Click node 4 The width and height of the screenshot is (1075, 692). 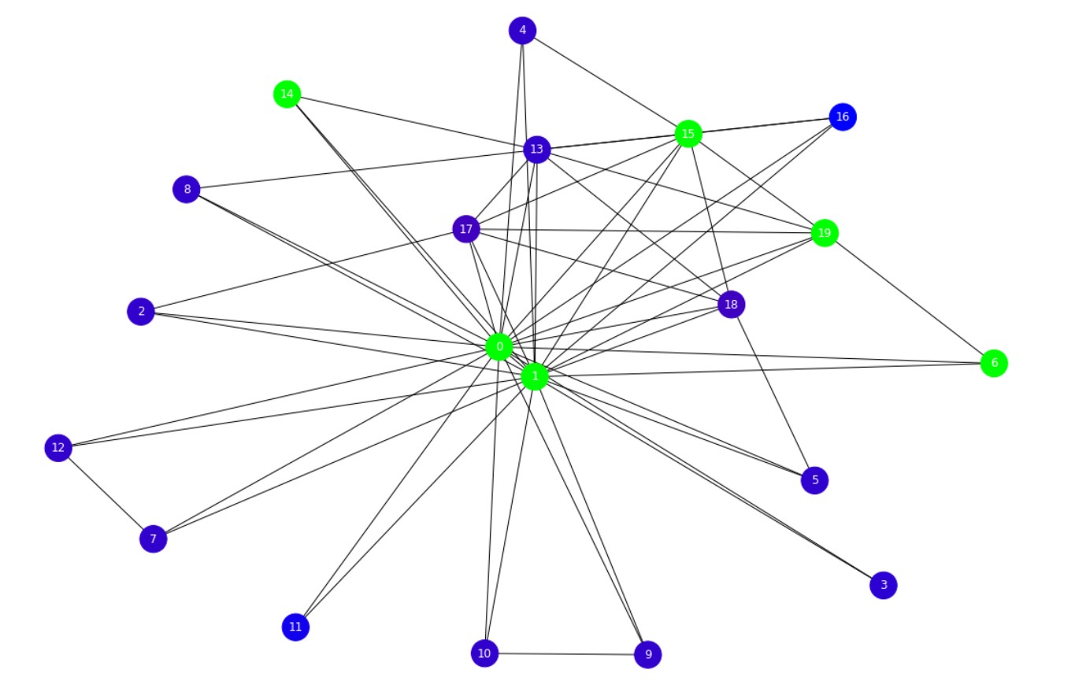[x=522, y=31]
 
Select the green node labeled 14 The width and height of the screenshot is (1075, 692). [x=287, y=94]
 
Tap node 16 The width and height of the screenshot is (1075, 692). [x=843, y=117]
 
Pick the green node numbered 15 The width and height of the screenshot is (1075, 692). [x=688, y=134]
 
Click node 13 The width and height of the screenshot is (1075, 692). [x=536, y=149]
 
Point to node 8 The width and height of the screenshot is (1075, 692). [x=187, y=189]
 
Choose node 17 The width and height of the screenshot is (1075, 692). [x=466, y=229]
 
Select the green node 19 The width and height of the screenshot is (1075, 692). [x=825, y=233]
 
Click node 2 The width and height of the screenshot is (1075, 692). [x=141, y=311]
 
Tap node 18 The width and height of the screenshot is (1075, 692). [x=731, y=305]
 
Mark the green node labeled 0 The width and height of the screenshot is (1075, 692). [x=499, y=346]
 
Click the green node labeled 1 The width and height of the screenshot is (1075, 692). [x=535, y=376]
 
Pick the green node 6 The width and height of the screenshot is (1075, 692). [x=994, y=363]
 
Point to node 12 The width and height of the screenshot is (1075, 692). [x=58, y=448]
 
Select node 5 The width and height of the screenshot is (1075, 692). [x=814, y=479]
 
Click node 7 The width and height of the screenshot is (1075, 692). [x=153, y=539]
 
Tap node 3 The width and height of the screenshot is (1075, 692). [x=884, y=585]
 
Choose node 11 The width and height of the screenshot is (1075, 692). [x=295, y=627]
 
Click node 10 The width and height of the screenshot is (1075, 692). [x=484, y=653]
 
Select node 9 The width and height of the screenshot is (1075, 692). [x=647, y=654]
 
